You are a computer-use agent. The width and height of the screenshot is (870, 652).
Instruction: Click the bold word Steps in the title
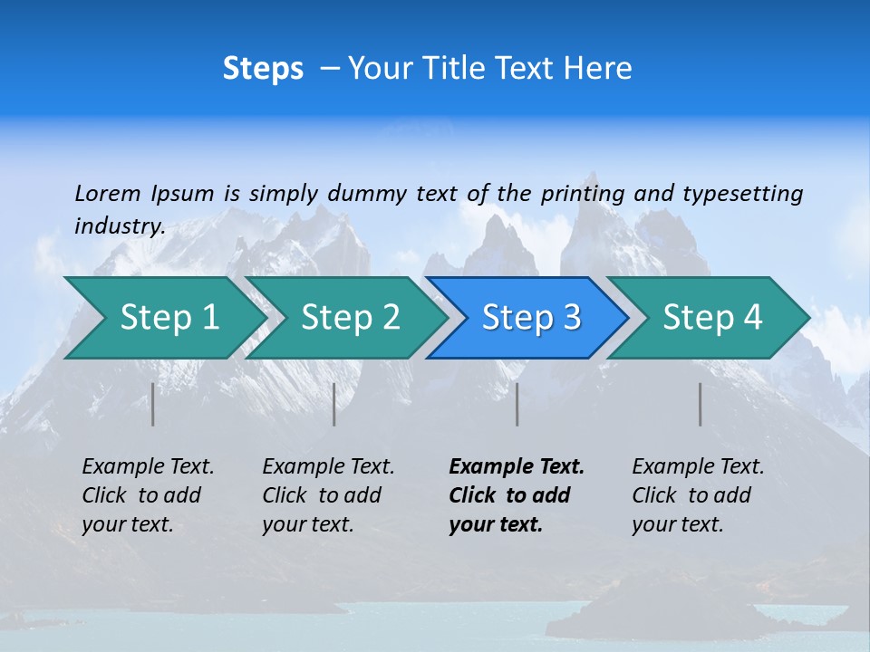(x=263, y=69)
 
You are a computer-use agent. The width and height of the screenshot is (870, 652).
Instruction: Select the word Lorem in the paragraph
(x=108, y=193)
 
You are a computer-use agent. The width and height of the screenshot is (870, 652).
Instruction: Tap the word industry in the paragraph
(x=120, y=225)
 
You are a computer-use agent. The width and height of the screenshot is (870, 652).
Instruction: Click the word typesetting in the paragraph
(x=742, y=193)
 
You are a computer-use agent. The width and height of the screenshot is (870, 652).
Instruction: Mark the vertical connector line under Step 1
(x=153, y=404)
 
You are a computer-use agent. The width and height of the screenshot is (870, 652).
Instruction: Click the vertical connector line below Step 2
(x=334, y=404)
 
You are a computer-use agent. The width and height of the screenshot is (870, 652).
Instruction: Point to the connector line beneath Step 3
(x=517, y=404)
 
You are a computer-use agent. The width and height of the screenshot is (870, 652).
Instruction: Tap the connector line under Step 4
(x=701, y=404)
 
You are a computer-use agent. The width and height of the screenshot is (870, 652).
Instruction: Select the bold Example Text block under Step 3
(x=517, y=495)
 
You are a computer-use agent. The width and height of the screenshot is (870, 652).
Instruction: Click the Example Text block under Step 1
(x=149, y=495)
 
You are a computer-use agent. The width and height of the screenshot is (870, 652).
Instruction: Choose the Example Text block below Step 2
(x=329, y=495)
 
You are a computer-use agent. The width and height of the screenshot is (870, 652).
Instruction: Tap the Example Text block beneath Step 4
(x=698, y=495)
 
